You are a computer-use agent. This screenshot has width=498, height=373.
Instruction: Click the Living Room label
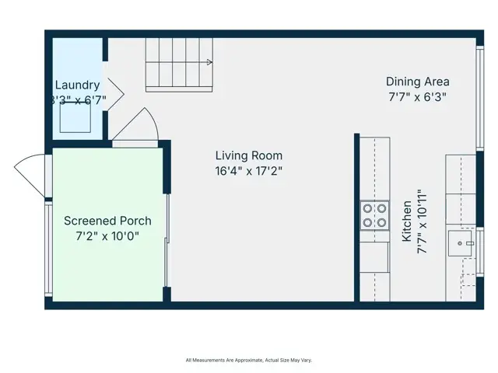point(248,155)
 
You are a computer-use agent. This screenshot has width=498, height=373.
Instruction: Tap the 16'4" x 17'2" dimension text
point(248,171)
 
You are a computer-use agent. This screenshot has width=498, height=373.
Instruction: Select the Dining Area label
point(418,82)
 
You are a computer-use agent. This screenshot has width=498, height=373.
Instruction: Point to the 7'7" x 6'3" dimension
point(418,97)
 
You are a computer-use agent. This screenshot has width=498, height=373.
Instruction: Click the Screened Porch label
point(107,221)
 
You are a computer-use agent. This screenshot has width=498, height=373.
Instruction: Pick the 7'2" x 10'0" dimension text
point(107,236)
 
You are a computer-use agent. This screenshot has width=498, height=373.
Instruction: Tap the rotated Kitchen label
point(407,221)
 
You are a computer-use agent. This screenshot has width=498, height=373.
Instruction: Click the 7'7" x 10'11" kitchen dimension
point(423,221)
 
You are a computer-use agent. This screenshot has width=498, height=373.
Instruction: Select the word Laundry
point(77,85)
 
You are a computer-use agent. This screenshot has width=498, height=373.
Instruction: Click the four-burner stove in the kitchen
point(374,215)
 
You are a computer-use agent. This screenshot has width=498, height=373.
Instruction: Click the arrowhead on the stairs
point(209,62)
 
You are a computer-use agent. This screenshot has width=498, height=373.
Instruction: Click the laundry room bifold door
point(114,93)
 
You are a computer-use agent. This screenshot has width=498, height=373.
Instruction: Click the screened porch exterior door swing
point(30,173)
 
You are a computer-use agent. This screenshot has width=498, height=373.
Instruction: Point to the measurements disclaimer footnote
point(248,360)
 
